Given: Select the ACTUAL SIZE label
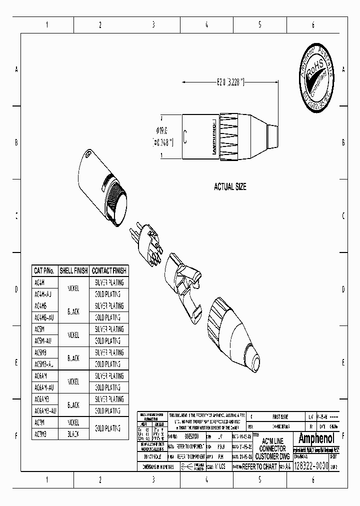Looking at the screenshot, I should [230, 186].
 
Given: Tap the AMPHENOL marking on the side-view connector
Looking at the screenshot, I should [213, 136].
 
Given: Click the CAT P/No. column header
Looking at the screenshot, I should [44, 270].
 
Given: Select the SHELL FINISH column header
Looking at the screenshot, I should [73, 270].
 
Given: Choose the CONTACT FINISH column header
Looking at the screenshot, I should [109, 270].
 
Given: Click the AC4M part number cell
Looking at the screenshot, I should [40, 282].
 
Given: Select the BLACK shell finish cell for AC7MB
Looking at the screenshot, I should [73, 434].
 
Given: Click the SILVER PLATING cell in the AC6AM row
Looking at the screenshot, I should [109, 376].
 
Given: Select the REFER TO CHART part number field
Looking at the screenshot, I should [259, 466].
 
